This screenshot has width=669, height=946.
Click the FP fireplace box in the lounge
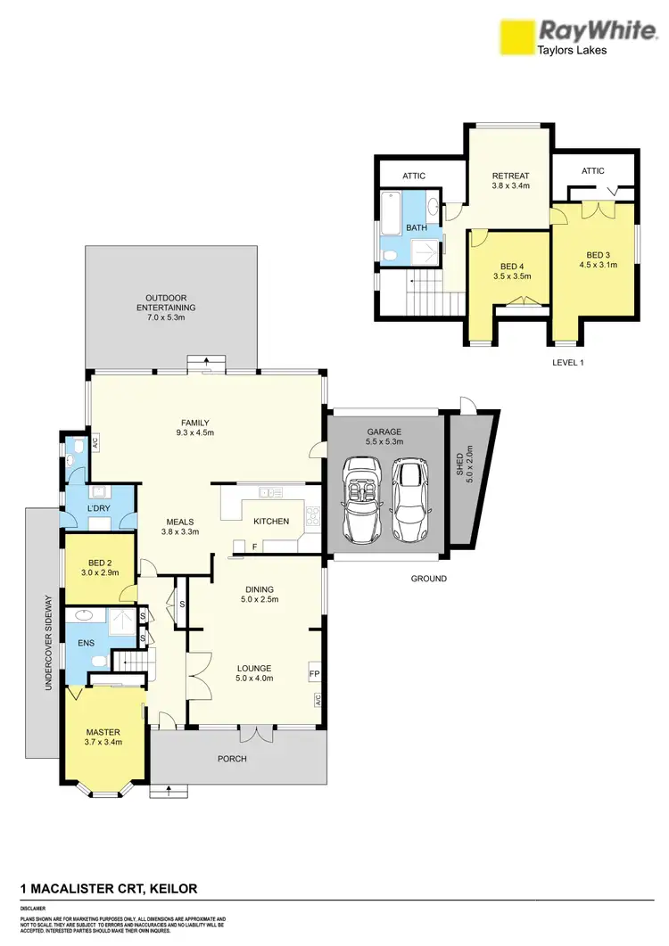click(x=314, y=672)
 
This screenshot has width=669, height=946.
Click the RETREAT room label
click(x=511, y=181)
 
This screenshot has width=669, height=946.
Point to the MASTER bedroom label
click(x=103, y=736)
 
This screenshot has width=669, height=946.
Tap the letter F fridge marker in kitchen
click(x=254, y=547)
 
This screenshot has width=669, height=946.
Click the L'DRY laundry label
click(x=97, y=507)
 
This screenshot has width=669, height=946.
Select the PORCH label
click(x=231, y=759)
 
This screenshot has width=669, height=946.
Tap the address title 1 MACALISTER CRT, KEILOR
click(x=109, y=889)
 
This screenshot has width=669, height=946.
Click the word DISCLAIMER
click(x=33, y=909)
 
